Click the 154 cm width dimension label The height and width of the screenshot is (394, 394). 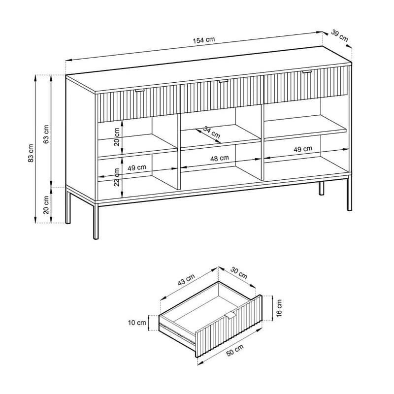(204, 40)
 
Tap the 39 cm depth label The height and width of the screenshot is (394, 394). (340, 35)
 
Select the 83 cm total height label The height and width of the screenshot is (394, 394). (31, 153)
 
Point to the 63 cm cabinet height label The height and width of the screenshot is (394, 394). (46, 134)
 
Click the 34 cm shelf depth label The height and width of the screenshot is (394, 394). (212, 132)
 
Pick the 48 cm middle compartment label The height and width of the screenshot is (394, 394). (219, 158)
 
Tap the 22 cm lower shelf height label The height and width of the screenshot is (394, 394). (117, 177)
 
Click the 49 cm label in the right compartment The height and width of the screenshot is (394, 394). (303, 149)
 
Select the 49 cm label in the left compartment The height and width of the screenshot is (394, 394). (137, 167)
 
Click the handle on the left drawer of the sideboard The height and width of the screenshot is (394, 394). (140, 90)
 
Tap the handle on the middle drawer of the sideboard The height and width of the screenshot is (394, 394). (223, 81)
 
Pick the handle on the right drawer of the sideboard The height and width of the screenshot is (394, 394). (307, 72)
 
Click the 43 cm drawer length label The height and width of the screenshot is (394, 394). (187, 280)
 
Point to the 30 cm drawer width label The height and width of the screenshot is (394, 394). (239, 273)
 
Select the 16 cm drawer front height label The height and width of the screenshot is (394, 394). (279, 308)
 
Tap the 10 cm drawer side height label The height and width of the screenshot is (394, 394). (137, 323)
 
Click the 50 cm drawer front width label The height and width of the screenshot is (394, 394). (235, 350)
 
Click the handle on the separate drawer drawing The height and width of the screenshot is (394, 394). (230, 316)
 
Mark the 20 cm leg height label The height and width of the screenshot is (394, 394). (46, 205)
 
